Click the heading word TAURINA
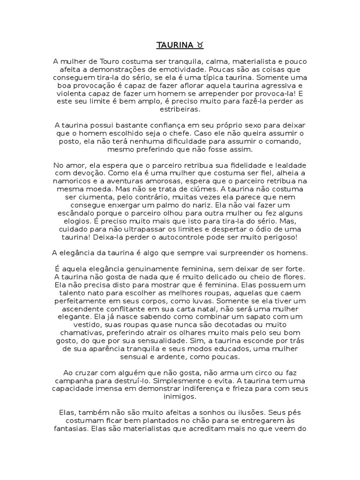(174, 45)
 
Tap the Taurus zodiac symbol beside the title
(200, 45)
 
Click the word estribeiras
(180, 109)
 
